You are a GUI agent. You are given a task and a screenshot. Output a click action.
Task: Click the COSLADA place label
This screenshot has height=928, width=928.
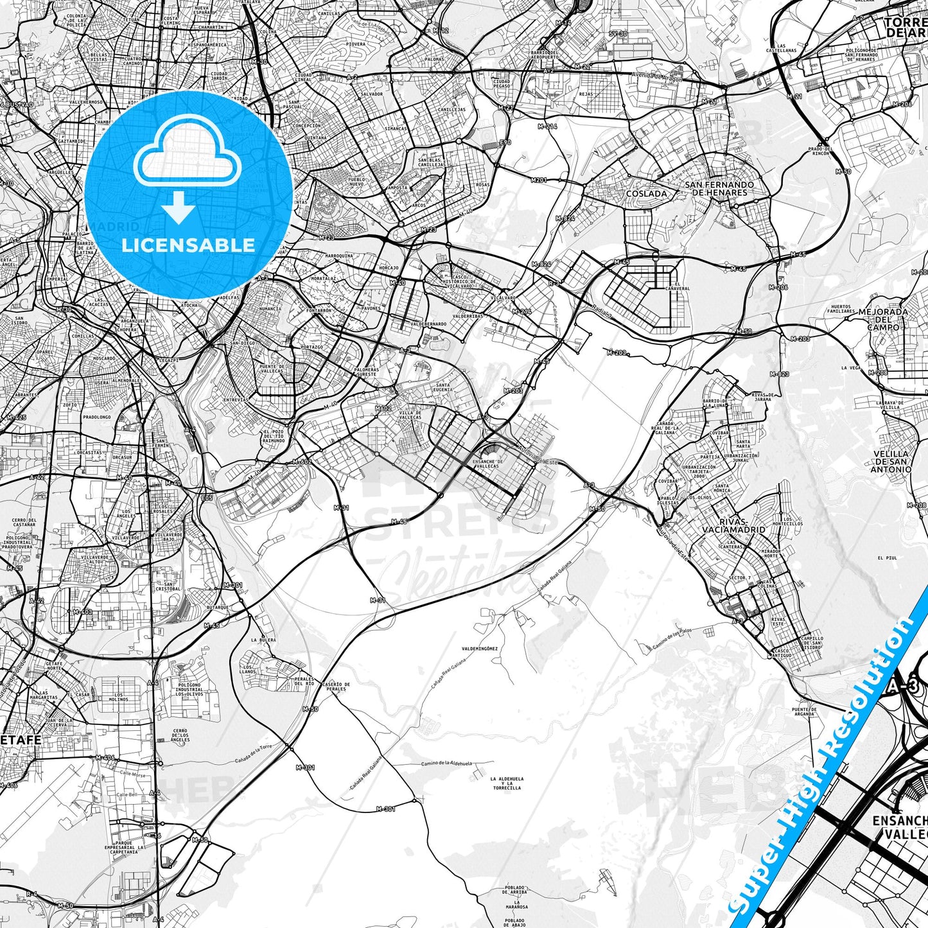(646, 193)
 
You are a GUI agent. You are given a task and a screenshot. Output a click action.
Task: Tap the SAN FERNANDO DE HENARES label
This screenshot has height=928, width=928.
(719, 188)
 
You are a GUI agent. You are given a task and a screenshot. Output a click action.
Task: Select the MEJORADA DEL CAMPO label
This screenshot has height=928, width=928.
(884, 319)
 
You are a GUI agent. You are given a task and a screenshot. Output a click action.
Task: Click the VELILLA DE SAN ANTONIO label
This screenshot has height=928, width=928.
(891, 461)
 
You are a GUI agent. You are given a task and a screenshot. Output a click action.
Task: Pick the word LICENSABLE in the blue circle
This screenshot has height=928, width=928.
(188, 245)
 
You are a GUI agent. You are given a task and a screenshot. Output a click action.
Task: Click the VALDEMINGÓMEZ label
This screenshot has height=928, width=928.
(480, 649)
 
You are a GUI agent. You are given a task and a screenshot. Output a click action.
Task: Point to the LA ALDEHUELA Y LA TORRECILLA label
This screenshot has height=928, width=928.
(505, 783)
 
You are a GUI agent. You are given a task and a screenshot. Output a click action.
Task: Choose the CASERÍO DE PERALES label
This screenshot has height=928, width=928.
(336, 687)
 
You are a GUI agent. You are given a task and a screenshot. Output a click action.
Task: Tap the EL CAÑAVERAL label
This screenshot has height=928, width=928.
(678, 286)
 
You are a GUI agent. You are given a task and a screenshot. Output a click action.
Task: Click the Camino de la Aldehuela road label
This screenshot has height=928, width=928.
(446, 764)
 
